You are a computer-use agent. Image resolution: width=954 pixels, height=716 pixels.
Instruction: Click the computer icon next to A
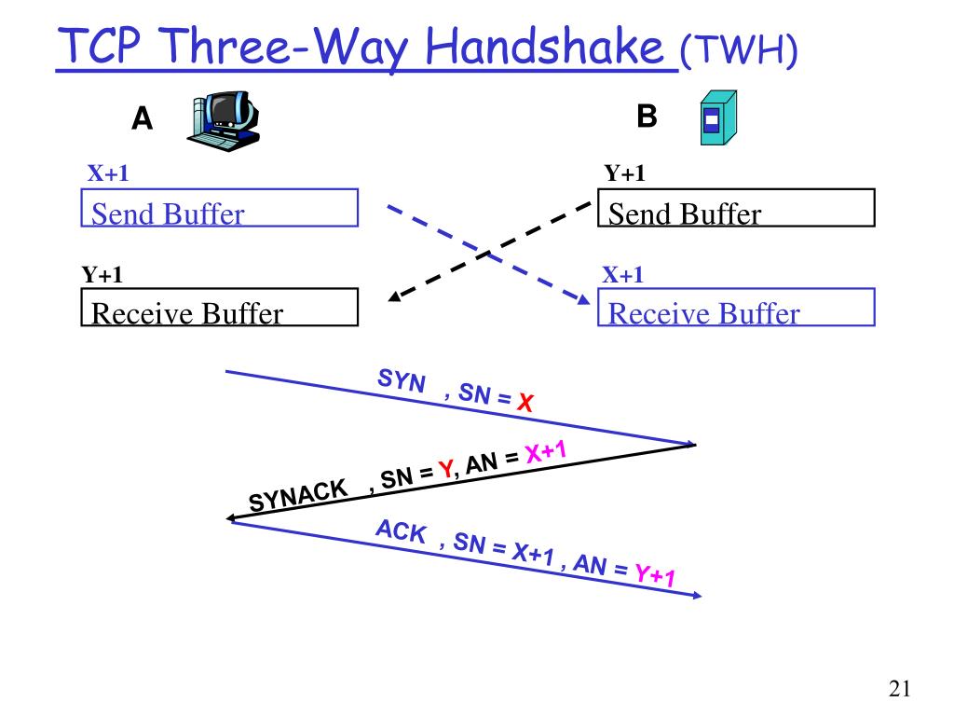(x=223, y=121)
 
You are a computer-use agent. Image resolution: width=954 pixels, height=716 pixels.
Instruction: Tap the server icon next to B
(x=716, y=118)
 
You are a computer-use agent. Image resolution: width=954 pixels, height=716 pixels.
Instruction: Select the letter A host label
(x=142, y=119)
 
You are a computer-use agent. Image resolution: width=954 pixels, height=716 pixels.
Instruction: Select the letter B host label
(x=647, y=117)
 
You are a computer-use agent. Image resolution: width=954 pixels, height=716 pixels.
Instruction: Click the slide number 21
(x=898, y=689)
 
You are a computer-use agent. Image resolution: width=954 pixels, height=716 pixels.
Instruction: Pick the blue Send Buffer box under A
(x=220, y=208)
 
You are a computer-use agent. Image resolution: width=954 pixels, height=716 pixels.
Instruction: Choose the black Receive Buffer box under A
(x=220, y=307)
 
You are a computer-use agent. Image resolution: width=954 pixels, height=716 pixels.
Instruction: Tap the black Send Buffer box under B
(x=736, y=208)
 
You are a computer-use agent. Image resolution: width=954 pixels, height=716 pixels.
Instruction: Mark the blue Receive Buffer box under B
(x=736, y=307)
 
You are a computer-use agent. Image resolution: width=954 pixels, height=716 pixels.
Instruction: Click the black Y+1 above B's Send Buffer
(x=624, y=172)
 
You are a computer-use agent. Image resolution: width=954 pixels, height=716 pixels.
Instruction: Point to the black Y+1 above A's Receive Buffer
(x=102, y=275)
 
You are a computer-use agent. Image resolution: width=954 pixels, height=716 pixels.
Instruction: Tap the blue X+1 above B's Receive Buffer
(x=622, y=275)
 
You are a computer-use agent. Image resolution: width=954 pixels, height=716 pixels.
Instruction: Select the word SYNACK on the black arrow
(x=298, y=497)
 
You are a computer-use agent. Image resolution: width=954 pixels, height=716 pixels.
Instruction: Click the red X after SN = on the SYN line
(x=525, y=404)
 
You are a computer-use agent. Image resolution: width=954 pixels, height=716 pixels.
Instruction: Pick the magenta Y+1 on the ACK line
(x=655, y=575)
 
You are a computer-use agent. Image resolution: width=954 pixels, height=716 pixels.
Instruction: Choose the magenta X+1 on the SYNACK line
(x=546, y=453)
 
